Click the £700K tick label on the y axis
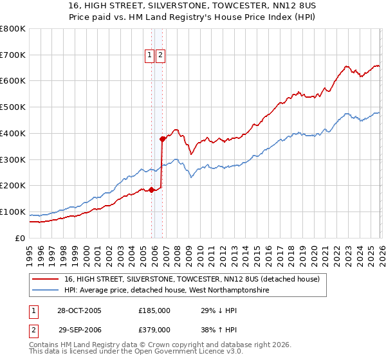pyautogui.click(x=13, y=55)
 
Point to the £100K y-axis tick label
pyautogui.click(x=13, y=212)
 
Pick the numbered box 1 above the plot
pyautogui.click(x=149, y=56)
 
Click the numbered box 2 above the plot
pyautogui.click(x=160, y=56)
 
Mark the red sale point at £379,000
pyautogui.click(x=163, y=138)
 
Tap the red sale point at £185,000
pyautogui.click(x=152, y=190)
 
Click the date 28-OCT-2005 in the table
pyautogui.click(x=79, y=310)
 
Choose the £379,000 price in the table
pyautogui.click(x=154, y=329)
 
